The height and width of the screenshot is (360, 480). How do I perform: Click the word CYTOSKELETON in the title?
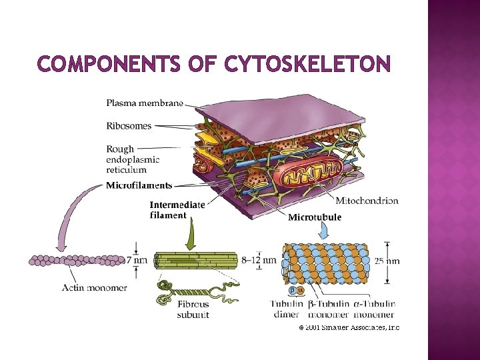pos(307,64)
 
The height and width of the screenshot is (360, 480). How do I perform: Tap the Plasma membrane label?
pos(145,103)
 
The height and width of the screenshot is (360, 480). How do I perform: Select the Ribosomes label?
pos(129,125)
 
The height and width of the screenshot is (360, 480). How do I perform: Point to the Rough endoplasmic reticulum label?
pos(133,159)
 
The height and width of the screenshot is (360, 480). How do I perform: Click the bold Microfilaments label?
pos(139,185)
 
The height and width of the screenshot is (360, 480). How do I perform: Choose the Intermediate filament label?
pos(177,209)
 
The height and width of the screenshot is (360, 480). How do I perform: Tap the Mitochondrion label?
pos(367,201)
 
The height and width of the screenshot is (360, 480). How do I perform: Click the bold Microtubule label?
pos(315,217)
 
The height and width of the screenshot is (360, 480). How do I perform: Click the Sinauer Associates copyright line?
pos(349,327)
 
